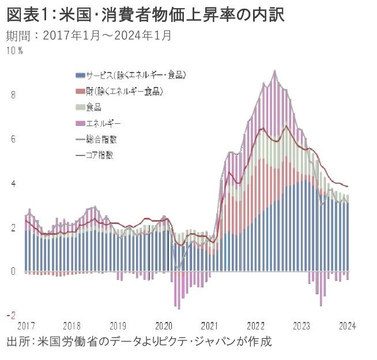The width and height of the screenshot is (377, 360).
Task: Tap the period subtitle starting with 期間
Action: [x=89, y=35]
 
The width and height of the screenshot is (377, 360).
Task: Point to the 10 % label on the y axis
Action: [x=14, y=51]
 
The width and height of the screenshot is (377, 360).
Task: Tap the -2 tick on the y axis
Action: [x=12, y=316]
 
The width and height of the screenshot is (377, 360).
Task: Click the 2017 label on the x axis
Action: [x=27, y=325]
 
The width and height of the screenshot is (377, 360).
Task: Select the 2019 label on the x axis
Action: [x=118, y=325]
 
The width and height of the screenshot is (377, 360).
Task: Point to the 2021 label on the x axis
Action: [x=210, y=325]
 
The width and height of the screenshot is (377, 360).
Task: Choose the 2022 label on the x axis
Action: [x=255, y=325]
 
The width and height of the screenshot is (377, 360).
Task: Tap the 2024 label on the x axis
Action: [x=347, y=325]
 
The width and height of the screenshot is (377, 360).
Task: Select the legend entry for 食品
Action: [x=93, y=107]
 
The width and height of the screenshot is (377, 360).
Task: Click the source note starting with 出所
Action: [x=138, y=341]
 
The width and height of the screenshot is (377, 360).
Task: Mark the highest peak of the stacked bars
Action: [x=274, y=71]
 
